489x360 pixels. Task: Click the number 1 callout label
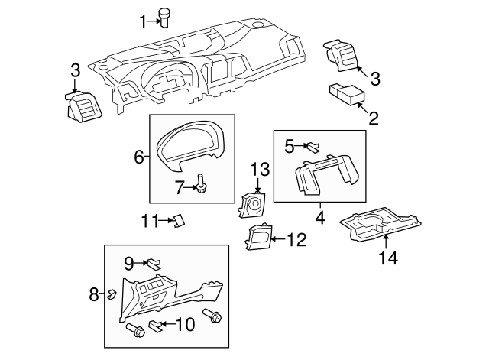tap(142, 21)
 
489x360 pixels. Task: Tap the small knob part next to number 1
tap(164, 16)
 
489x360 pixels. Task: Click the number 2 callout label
tap(374, 118)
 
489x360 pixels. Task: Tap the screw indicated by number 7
tap(202, 183)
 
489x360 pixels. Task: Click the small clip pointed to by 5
tap(313, 145)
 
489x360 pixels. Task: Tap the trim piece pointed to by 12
tap(257, 238)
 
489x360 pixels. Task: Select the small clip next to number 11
tap(177, 221)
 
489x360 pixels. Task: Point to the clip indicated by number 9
tap(154, 264)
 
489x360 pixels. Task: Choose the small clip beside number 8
tap(112, 293)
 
